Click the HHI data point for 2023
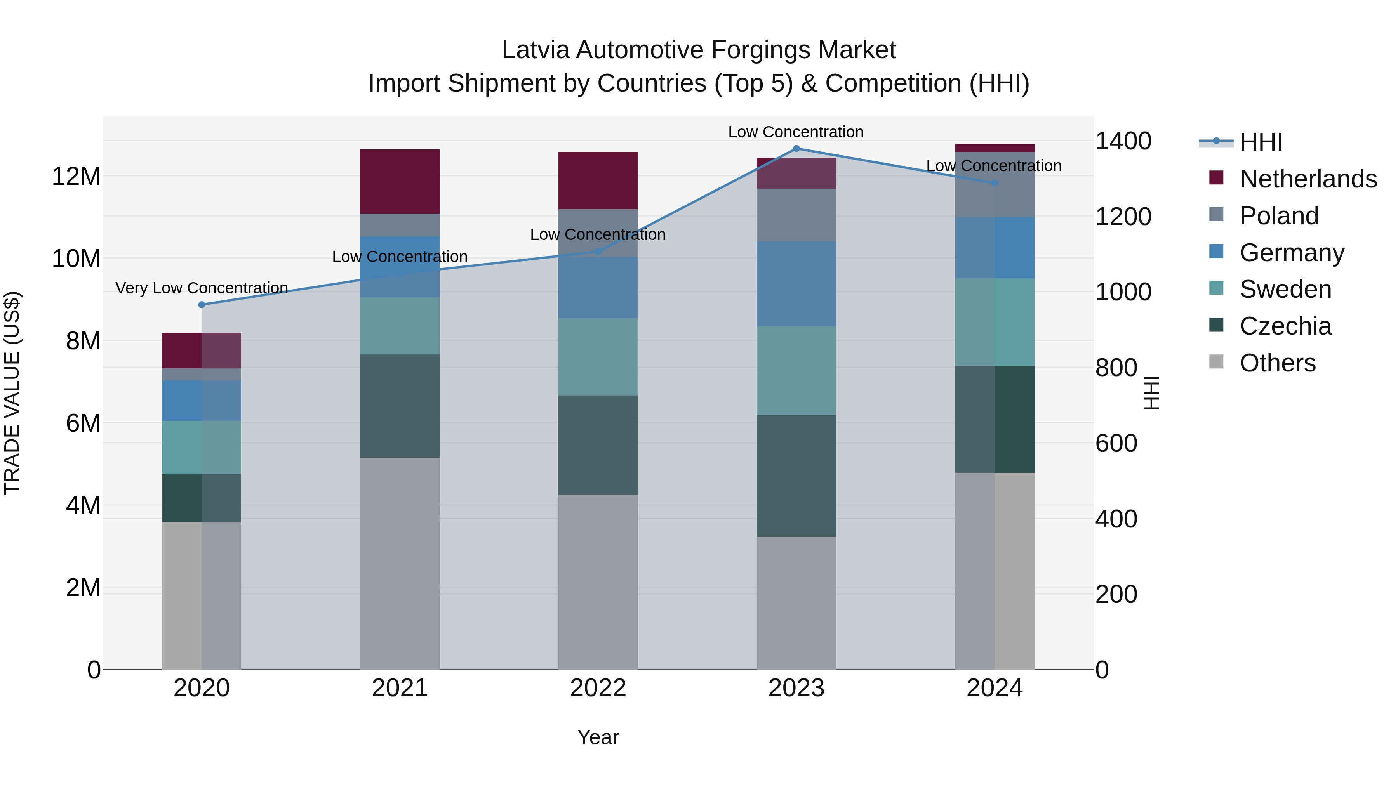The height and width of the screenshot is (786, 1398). (796, 148)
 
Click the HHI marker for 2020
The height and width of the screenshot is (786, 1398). (202, 304)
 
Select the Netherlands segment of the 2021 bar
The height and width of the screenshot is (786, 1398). (400, 181)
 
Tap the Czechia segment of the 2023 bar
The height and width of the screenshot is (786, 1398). (796, 476)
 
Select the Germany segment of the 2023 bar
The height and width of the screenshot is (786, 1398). (796, 284)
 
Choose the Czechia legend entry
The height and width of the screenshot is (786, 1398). (1285, 326)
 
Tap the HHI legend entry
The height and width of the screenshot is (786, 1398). (1260, 142)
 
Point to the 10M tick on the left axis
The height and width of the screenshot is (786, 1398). (76, 259)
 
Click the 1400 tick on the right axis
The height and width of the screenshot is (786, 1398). (1123, 141)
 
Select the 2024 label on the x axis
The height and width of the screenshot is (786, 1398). (994, 688)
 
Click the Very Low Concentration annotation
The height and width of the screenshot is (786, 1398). (202, 288)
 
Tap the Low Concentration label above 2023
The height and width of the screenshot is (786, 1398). (796, 132)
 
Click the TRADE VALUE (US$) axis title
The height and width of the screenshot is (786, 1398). (12, 393)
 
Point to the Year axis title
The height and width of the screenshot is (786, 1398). (598, 737)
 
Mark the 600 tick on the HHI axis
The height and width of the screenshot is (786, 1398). (1116, 443)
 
